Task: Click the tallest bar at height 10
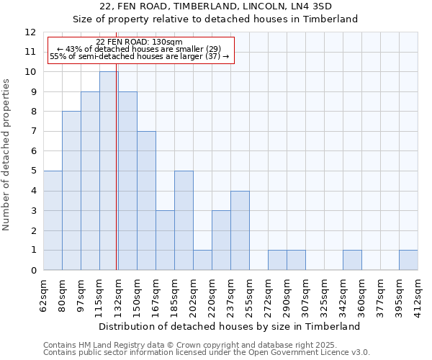point(109,171)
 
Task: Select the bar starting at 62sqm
point(53,220)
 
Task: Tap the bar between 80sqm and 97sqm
point(71,191)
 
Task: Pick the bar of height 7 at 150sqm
point(146,201)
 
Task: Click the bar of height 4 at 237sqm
point(240,230)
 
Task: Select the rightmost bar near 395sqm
point(408,260)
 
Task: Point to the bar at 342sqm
point(352,260)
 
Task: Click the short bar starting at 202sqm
point(202,260)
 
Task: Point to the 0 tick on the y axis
point(33,271)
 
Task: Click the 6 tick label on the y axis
point(33,151)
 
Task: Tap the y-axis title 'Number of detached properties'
point(7,155)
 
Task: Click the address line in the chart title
point(215,6)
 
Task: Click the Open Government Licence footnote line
point(207,352)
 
